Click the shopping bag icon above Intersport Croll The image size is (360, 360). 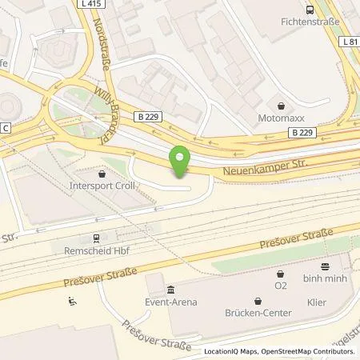(102, 174)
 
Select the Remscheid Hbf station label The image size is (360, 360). (94, 250)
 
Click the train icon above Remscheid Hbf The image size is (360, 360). (95, 237)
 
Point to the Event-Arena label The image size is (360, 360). (170, 302)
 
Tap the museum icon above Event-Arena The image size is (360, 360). (170, 289)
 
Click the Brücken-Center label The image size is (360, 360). (258, 314)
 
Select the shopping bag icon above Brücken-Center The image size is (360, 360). (258, 302)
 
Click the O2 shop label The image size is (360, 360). (280, 284)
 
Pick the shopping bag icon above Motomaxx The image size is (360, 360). (281, 104)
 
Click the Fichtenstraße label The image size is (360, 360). (311, 22)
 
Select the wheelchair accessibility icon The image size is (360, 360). (72, 302)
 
